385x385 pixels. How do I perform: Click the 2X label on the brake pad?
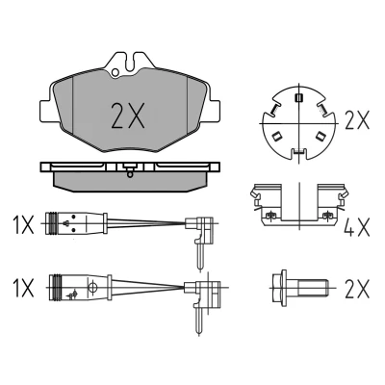tap(128, 115)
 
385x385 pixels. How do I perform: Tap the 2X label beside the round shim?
tap(357, 120)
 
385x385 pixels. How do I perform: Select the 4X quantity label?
tap(357, 227)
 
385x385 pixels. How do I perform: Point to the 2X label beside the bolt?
tap(357, 289)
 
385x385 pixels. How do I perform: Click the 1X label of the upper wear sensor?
tap(23, 224)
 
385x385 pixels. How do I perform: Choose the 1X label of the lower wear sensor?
tap(23, 288)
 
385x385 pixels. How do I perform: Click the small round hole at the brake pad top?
tap(115, 72)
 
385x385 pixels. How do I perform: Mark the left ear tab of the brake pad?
tap(46, 110)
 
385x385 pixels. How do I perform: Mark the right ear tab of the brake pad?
tap(215, 111)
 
